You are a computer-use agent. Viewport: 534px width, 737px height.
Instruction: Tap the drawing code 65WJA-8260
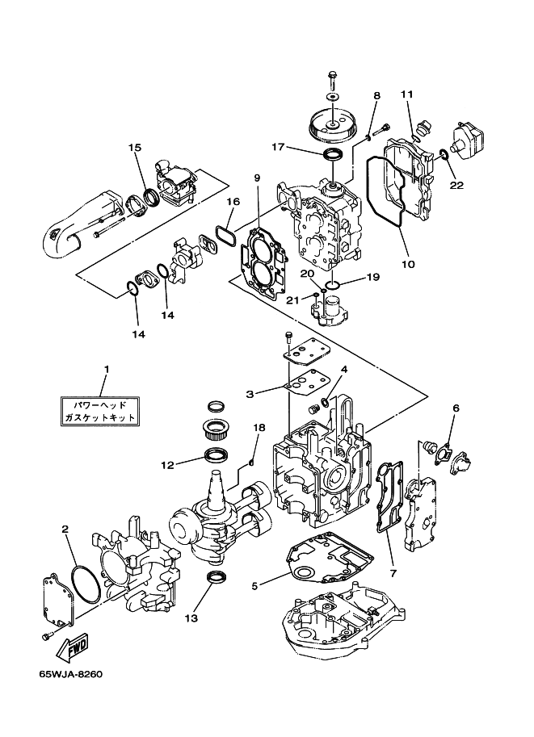point(71,675)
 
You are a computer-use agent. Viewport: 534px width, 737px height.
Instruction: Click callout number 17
point(278,148)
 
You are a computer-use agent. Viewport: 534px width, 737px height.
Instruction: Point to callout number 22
point(456,185)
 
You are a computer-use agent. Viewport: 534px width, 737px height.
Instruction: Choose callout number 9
point(257,178)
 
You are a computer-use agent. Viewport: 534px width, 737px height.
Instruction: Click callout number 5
point(255,586)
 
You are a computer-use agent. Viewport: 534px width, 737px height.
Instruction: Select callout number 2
point(65,530)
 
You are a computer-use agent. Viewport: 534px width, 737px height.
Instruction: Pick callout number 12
point(167,465)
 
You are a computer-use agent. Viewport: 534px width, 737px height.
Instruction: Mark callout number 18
point(259,428)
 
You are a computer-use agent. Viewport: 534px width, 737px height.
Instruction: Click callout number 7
point(393,573)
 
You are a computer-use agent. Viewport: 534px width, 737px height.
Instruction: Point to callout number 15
point(135,148)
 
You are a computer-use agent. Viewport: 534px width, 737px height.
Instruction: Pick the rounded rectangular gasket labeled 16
point(226,236)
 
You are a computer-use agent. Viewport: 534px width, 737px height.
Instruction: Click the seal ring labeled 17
point(334,155)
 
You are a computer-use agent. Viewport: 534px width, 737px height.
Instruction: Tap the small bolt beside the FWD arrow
point(46,636)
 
